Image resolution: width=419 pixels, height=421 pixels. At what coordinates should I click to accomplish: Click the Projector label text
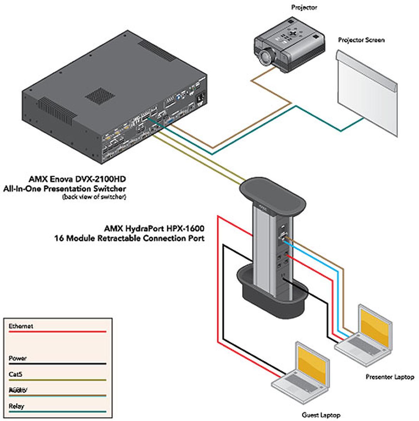304,7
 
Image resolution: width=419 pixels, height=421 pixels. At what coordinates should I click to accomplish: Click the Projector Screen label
361,40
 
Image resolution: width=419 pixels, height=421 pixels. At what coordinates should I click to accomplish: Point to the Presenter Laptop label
390,377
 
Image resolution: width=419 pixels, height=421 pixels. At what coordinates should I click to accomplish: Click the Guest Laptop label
321,415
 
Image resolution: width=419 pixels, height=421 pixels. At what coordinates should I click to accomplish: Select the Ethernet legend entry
21,326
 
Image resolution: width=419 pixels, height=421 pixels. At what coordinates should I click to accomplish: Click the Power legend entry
18,359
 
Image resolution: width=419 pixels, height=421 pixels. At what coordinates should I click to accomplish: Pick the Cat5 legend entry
16,375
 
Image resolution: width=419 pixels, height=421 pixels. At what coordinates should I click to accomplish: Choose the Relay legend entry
17,407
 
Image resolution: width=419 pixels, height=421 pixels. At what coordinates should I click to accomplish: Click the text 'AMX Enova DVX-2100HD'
77,180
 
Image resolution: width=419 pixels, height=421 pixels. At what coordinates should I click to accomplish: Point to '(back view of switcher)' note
94,197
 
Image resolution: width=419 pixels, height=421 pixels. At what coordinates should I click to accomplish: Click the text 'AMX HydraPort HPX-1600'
154,229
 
